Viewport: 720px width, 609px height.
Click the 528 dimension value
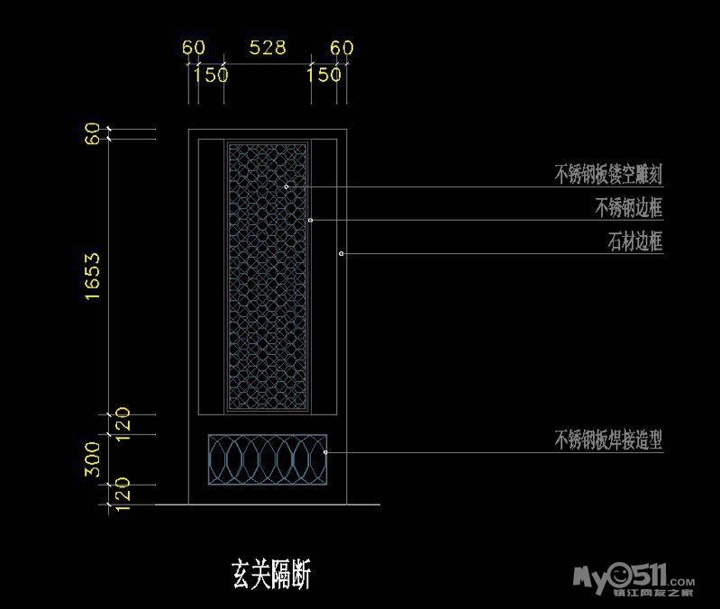click(x=268, y=48)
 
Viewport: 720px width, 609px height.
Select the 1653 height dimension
click(x=92, y=276)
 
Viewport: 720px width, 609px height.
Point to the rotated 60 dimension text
click(x=92, y=135)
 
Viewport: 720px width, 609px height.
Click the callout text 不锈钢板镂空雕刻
click(x=608, y=174)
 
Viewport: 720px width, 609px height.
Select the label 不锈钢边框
click(x=628, y=208)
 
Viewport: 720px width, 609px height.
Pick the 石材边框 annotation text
click(x=635, y=241)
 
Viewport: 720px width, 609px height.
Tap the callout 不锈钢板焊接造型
click(x=608, y=440)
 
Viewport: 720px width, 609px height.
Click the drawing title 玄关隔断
click(x=271, y=573)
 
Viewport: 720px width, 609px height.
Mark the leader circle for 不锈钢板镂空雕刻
click(x=287, y=186)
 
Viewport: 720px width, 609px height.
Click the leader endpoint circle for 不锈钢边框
click(x=311, y=220)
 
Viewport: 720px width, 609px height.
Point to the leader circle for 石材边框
click(x=342, y=254)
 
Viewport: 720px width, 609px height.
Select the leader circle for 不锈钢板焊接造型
click(x=324, y=452)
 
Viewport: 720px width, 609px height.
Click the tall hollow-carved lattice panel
click(x=268, y=276)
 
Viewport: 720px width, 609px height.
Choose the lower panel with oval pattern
click(x=267, y=458)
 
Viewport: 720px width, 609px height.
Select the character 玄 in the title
click(x=242, y=573)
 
